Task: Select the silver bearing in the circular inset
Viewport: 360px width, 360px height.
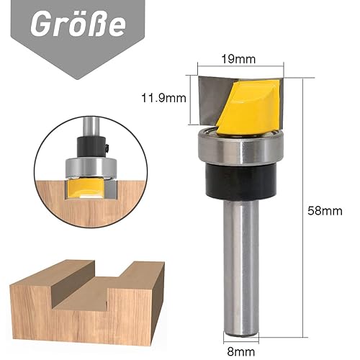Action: click(x=91, y=166)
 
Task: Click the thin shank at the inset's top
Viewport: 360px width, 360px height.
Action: click(x=91, y=126)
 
